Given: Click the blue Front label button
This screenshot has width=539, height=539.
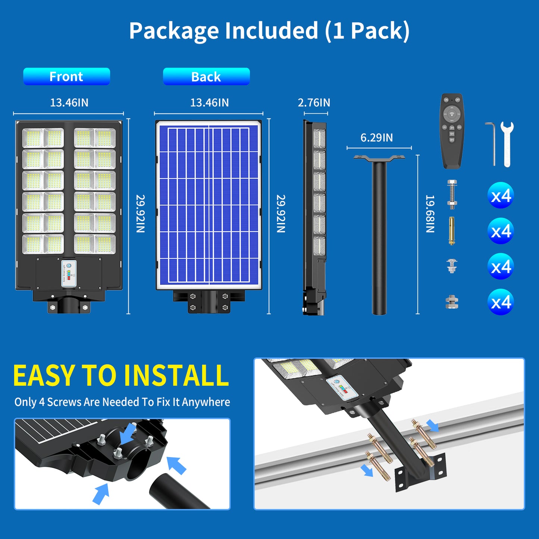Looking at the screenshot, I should coord(66,76).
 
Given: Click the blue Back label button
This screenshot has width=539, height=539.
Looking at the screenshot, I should coord(206,76).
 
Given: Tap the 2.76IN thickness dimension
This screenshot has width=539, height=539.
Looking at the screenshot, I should coord(314,103).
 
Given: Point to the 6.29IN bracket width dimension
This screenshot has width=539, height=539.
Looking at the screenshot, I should coord(376,138).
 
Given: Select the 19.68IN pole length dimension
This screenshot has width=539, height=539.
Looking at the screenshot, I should coord(430,214).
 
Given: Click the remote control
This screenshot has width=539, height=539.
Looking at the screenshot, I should coord(452,131).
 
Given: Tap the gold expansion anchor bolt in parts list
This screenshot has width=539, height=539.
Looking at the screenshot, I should coord(452,231).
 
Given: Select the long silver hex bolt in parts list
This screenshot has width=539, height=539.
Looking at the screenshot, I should coord(452,194).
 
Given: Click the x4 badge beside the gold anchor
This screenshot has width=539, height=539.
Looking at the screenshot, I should coord(501,231).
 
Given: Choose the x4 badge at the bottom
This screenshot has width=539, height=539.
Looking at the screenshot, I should coord(501,302).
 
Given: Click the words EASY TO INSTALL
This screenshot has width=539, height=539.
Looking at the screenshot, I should coord(121,375).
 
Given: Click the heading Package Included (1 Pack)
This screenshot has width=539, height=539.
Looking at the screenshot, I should coord(269,31).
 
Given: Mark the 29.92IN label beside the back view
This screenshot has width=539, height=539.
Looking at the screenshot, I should coord(281,214).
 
